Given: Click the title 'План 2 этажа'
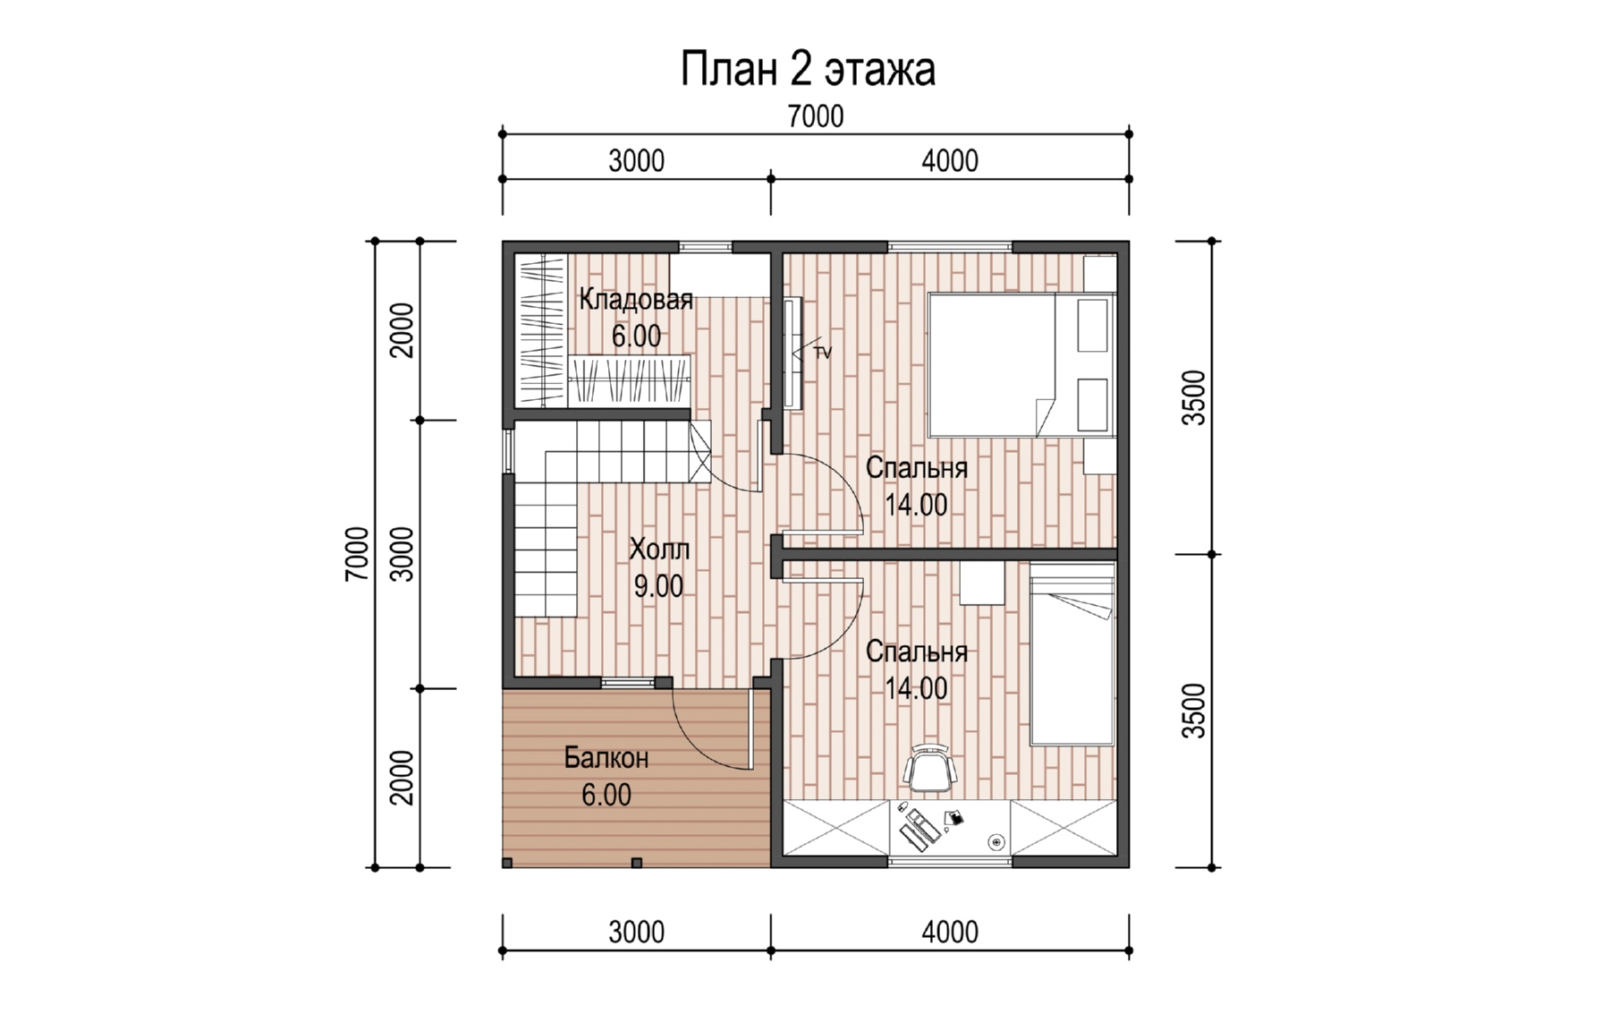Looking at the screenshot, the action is tap(808, 70).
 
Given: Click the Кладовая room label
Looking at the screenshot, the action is tap(636, 299).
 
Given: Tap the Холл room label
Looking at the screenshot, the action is tap(659, 548).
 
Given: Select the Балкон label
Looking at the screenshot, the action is tap(606, 758).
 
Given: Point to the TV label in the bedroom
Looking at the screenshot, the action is tap(822, 354).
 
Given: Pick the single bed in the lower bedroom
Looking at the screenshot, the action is tap(1072, 654).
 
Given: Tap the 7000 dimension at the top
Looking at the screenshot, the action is tap(815, 116).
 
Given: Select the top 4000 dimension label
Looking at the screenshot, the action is tap(950, 161).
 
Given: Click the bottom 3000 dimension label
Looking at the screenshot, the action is tap(637, 933).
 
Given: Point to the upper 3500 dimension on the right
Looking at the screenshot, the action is tap(1194, 397).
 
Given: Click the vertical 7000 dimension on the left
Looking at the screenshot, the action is tap(356, 554).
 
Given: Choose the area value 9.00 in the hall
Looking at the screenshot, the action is tap(658, 586).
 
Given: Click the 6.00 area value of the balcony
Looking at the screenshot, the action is tap(606, 795).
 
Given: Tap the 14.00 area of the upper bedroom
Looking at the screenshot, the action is tap(916, 505).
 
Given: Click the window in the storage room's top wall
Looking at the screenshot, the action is tap(706, 246).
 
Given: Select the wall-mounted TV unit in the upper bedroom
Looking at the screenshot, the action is tap(792, 354).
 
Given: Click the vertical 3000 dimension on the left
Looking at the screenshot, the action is tap(403, 554).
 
